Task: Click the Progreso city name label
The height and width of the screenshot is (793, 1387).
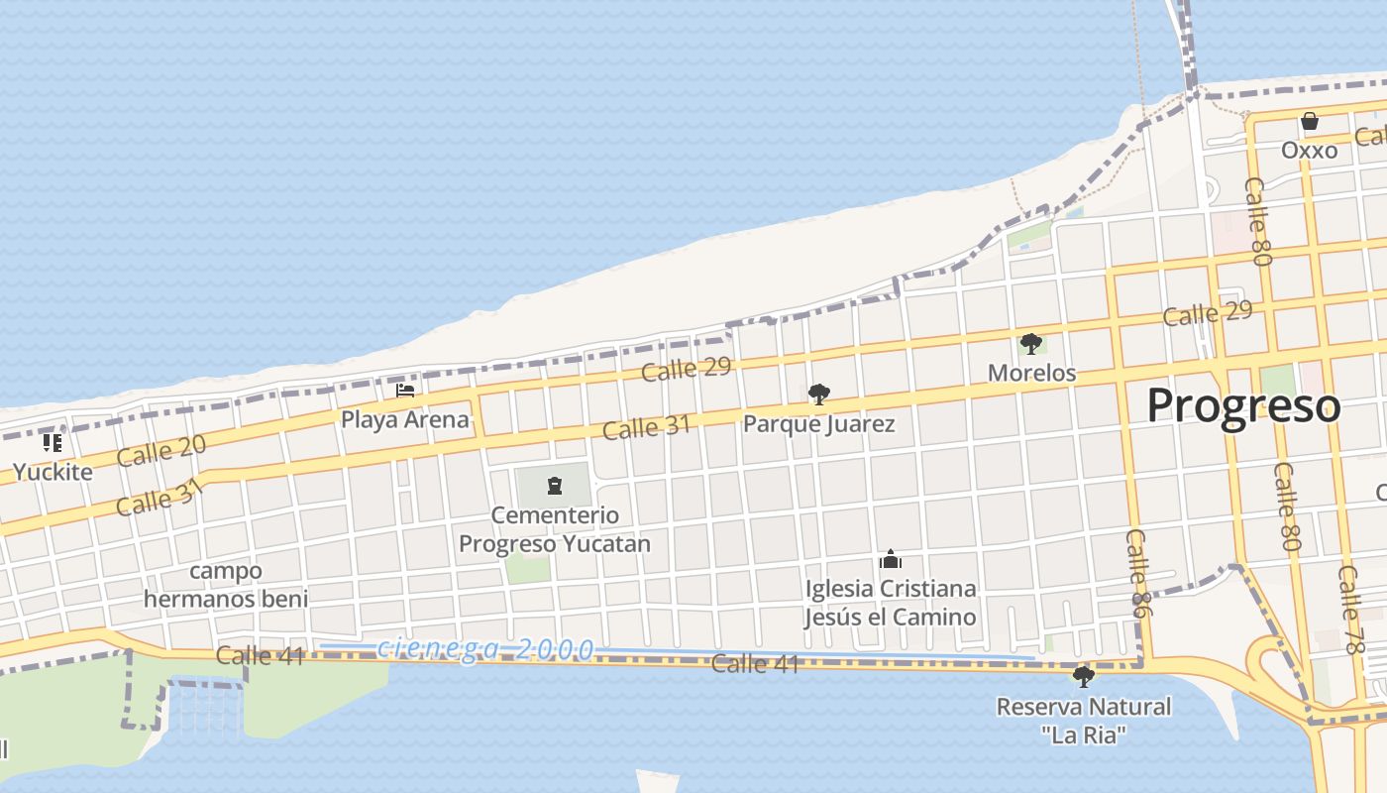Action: [x=1243, y=406]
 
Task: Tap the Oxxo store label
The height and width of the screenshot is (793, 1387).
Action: [x=1309, y=151]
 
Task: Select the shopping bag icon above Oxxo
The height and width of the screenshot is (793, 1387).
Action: [x=1310, y=122]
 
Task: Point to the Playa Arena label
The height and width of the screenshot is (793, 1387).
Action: [x=404, y=419]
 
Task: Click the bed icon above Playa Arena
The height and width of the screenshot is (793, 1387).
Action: [x=405, y=391]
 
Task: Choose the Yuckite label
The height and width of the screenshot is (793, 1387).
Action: [x=53, y=472]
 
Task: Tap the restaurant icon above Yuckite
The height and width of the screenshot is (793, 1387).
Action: [x=53, y=443]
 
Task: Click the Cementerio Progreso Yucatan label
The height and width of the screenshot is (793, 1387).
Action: [x=555, y=529]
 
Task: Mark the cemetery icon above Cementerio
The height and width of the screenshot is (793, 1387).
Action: [x=555, y=486]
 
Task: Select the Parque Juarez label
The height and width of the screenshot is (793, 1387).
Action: [x=818, y=424]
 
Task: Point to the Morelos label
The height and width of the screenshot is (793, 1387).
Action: [x=1031, y=373]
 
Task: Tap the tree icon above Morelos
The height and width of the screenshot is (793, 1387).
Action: [x=1031, y=344]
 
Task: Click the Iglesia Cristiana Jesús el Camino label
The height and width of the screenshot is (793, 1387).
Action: [x=890, y=603]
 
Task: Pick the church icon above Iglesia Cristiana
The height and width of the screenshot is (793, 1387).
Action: [x=890, y=559]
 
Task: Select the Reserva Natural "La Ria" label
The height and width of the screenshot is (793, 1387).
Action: [x=1083, y=721]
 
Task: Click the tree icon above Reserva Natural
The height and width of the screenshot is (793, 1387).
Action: [x=1083, y=677]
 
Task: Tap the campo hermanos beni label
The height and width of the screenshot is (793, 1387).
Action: [x=226, y=585]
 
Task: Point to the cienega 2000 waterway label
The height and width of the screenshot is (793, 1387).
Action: [x=485, y=649]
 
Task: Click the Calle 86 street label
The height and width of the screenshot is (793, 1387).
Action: [x=1137, y=574]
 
